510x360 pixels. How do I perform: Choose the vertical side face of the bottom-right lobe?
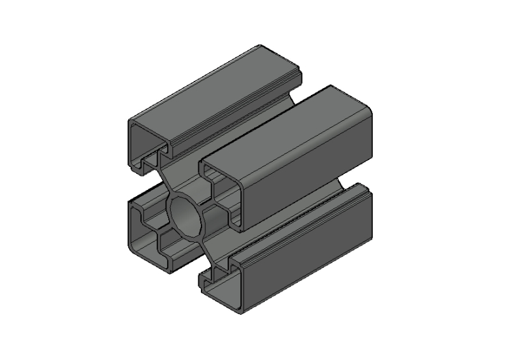pos(306,255)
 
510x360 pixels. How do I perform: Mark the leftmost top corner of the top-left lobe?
pos(131,121)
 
